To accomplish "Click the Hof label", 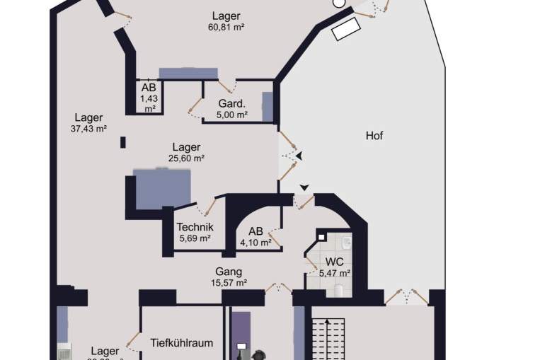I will pyautogui.click(x=374, y=135).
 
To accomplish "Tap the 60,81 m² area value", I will pyautogui.click(x=226, y=28).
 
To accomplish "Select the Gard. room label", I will pyautogui.click(x=231, y=103).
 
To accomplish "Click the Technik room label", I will pyautogui.click(x=195, y=227).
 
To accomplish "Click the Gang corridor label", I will pyautogui.click(x=229, y=272).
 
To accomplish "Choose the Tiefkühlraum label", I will pyautogui.click(x=182, y=343).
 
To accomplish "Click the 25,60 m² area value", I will pyautogui.click(x=186, y=158).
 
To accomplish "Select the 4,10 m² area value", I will pyautogui.click(x=255, y=242).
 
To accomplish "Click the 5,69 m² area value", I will pyautogui.click(x=195, y=238).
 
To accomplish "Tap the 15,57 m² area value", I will pyautogui.click(x=229, y=283).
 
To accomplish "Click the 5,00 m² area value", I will pyautogui.click(x=232, y=115).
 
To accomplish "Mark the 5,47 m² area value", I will pyautogui.click(x=335, y=273).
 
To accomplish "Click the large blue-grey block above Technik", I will pyautogui.click(x=163, y=188).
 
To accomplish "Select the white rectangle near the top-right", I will pyautogui.click(x=347, y=30).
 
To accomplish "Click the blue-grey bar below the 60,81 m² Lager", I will pyautogui.click(x=188, y=73).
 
